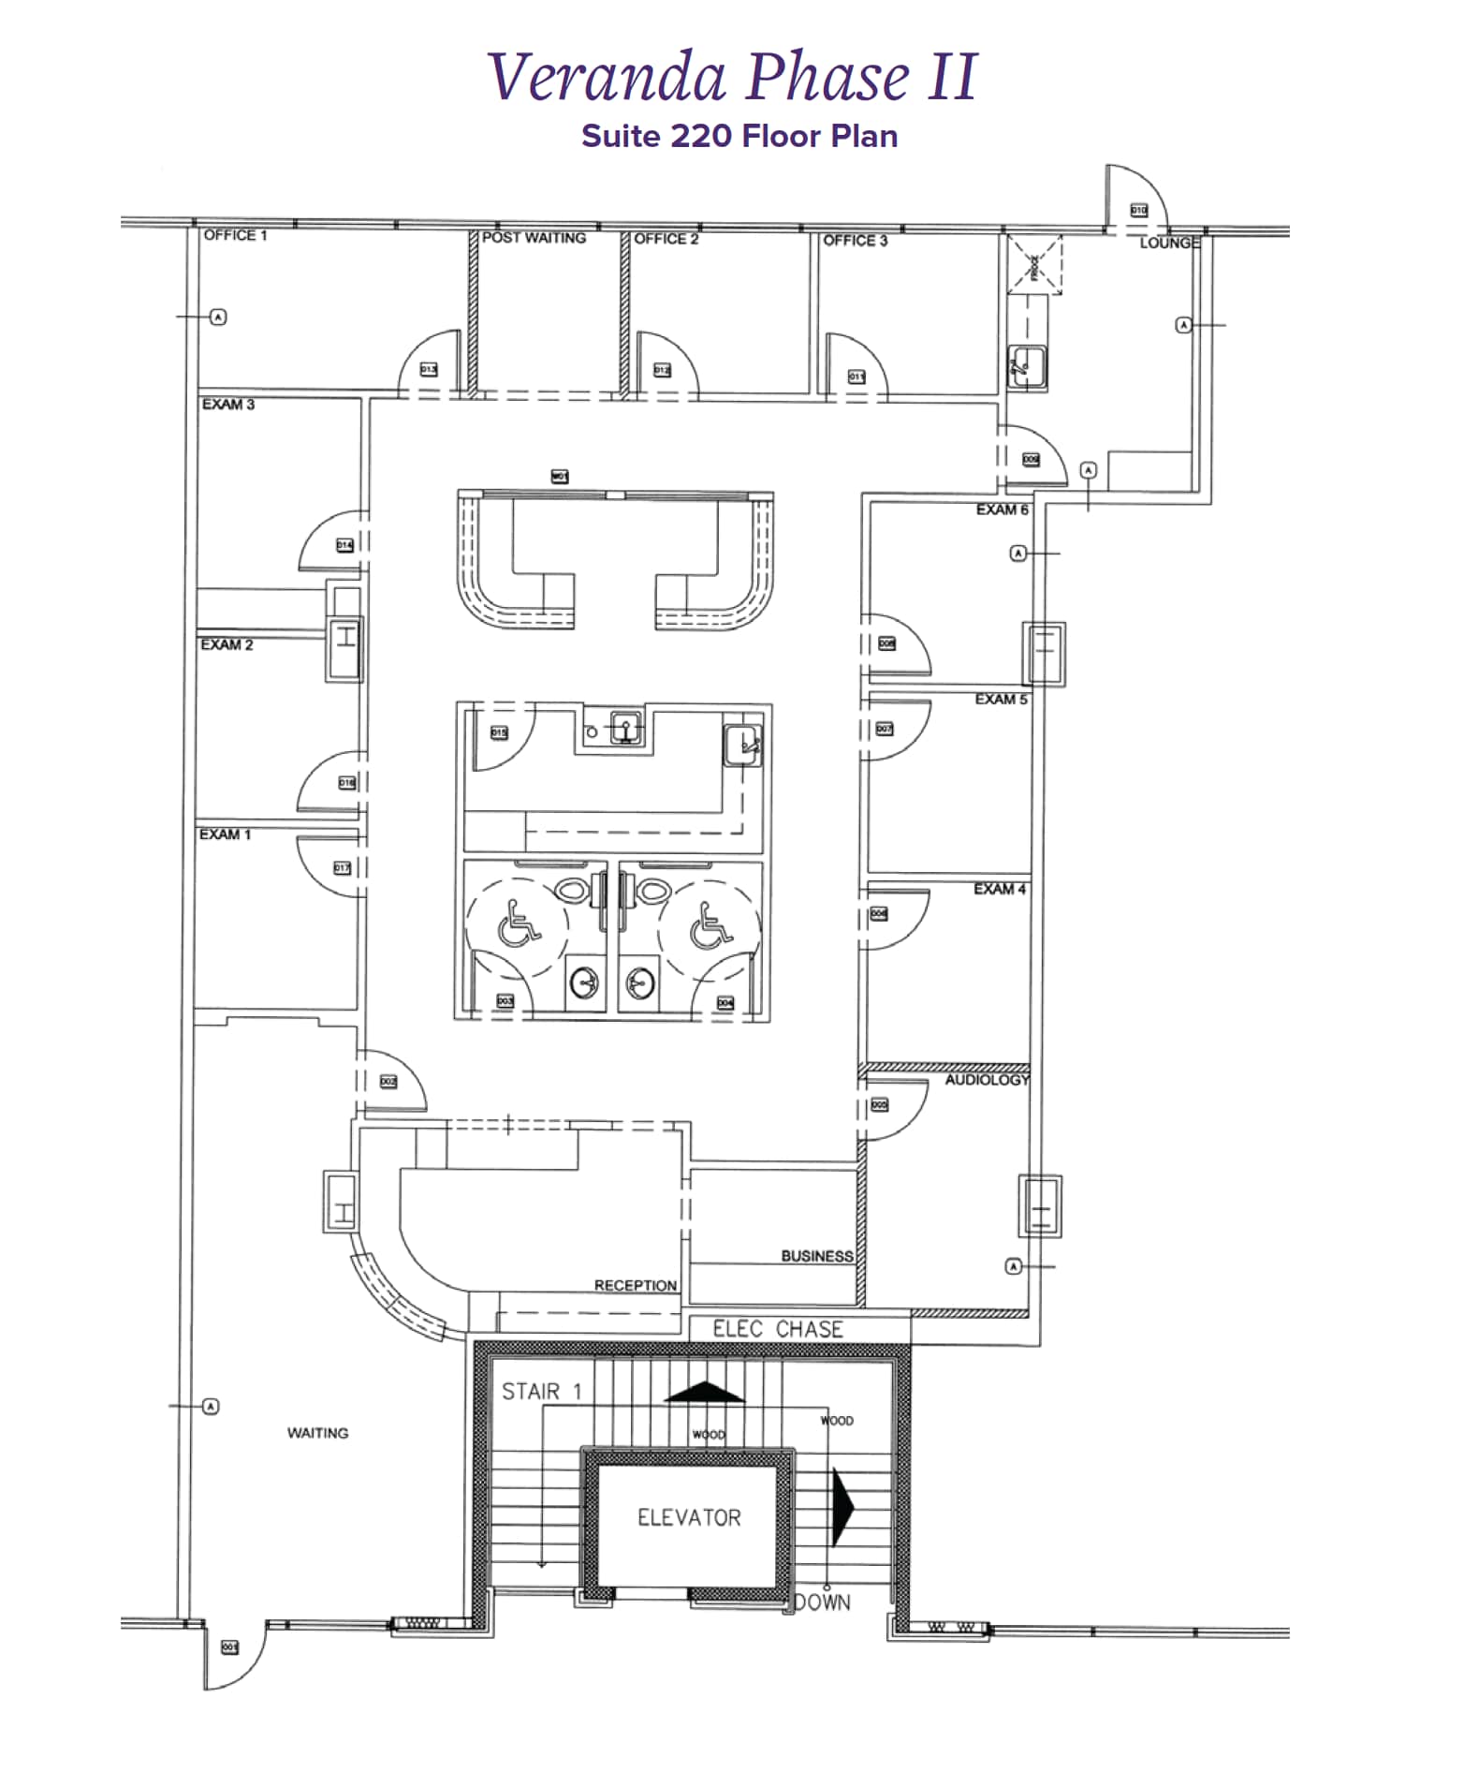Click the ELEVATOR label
689,1518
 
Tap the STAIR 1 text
541,1392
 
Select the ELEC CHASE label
777,1329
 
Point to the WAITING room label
317,1433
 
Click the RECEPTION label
635,1285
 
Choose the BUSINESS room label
816,1256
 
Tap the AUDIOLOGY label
987,1080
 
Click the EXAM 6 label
1002,509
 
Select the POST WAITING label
534,238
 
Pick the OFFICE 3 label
855,241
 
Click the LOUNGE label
1169,243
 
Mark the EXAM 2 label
227,644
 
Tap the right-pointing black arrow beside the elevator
842,1506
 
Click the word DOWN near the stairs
823,1602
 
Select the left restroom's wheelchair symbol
518,923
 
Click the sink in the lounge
1026,364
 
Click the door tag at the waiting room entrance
229,1646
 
